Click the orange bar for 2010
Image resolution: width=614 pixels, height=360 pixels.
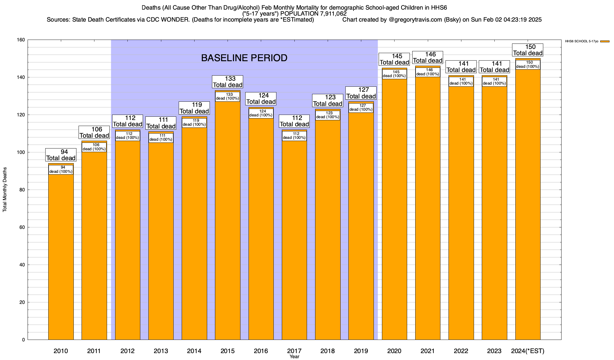61,255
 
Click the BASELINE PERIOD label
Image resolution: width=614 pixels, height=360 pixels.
244,58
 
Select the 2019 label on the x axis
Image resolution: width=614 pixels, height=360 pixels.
361,351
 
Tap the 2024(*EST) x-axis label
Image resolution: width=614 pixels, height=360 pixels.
528,351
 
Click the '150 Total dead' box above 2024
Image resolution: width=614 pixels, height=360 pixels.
528,50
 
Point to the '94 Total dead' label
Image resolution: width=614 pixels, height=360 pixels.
61,155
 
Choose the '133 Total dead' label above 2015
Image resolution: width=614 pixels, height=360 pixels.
228,82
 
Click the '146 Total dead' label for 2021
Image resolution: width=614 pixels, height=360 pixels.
428,57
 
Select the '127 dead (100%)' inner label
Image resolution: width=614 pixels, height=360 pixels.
361,108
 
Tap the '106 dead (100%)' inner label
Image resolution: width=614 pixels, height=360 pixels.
94,147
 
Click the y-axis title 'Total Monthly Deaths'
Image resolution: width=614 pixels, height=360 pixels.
5,190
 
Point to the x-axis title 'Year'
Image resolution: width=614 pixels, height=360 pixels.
294,357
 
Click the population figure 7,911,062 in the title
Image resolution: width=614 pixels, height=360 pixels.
329,14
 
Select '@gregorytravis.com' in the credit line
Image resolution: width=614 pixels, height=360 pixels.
415,20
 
